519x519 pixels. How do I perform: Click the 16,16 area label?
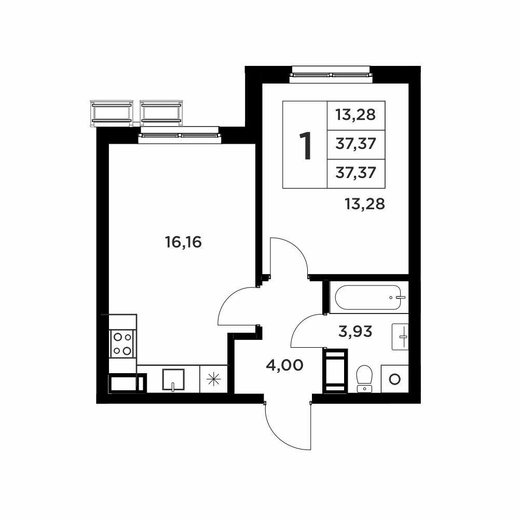click(x=183, y=242)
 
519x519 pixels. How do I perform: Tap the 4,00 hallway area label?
click(x=284, y=365)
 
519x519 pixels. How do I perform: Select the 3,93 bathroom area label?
click(x=355, y=331)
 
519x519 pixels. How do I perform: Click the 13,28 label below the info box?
click(x=365, y=204)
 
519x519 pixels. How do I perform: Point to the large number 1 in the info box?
click(x=305, y=145)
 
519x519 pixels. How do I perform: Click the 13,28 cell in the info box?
click(x=356, y=115)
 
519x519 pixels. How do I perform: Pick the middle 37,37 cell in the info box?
click(x=356, y=144)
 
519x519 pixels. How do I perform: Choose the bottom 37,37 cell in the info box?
click(x=356, y=173)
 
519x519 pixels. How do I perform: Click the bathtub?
click(x=369, y=297)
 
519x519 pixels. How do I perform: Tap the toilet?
click(x=364, y=378)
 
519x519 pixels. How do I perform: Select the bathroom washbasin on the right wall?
click(x=400, y=337)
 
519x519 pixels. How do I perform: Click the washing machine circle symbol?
click(x=394, y=379)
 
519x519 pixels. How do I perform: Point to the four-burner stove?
click(x=122, y=344)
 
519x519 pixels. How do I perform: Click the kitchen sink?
click(x=173, y=380)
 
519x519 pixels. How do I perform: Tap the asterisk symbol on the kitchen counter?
click(x=213, y=379)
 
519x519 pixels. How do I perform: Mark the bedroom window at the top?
click(x=331, y=74)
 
